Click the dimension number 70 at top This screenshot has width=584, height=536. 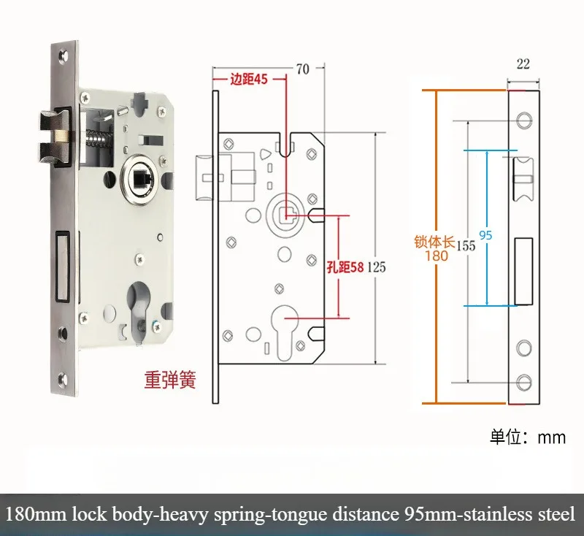click(x=303, y=69)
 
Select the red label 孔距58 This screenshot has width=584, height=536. click(x=345, y=267)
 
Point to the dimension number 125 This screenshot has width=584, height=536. click(x=376, y=267)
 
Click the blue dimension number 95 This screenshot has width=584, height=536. click(x=485, y=234)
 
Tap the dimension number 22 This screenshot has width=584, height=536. click(x=523, y=64)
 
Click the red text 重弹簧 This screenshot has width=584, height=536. click(x=169, y=380)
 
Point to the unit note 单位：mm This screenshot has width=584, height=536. click(x=528, y=437)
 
